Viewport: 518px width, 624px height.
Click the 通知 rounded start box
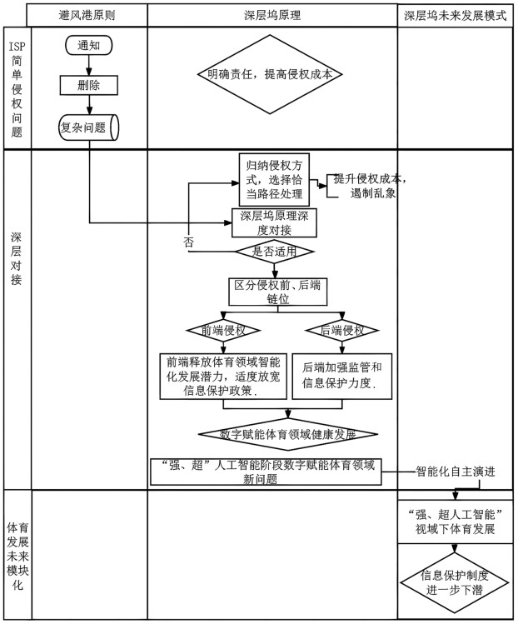pos(89,45)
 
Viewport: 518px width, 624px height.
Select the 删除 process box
pos(89,85)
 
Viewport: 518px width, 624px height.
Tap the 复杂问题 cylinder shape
pos(89,127)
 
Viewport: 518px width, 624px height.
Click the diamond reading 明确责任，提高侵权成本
pos(270,74)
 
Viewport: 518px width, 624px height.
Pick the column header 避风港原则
pos(87,15)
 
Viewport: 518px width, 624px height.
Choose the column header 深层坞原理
pos(272,15)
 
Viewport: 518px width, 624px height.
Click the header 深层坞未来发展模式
pos(456,15)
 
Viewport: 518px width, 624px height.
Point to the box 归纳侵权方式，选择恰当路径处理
pos(274,179)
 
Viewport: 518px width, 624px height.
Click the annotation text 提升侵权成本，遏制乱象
pos(370,186)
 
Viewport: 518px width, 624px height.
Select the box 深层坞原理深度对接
pos(274,223)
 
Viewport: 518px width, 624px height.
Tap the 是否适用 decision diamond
pos(274,252)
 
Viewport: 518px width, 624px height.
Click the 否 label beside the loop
pos(188,242)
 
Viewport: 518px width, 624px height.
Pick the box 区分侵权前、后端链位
pos(277,292)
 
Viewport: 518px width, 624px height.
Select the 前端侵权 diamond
pos(223,330)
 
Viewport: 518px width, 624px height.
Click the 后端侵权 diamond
pos(341,330)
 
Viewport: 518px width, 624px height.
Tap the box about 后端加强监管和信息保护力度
pos(341,376)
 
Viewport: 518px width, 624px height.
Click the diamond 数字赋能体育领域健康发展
pos(287,434)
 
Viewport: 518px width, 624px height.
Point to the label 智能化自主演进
pos(456,472)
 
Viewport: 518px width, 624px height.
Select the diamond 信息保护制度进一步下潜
pos(455,583)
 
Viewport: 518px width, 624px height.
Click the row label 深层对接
pos(17,258)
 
